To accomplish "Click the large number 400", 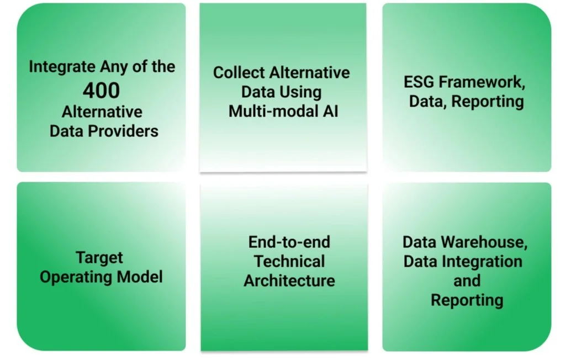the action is point(101,91).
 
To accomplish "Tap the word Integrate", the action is point(62,67).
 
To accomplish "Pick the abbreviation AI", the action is point(330,112).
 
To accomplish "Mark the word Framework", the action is point(482,82).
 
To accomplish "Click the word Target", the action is point(99,258).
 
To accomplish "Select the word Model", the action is point(140,277).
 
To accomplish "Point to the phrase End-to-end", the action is point(289,242).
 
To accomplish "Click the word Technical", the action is point(289,262).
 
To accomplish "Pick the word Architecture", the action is point(289,281).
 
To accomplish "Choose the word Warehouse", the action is point(484,242).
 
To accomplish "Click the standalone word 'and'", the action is point(467,281).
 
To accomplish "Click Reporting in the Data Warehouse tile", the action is point(467,300).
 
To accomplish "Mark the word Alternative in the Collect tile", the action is point(310,73).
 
